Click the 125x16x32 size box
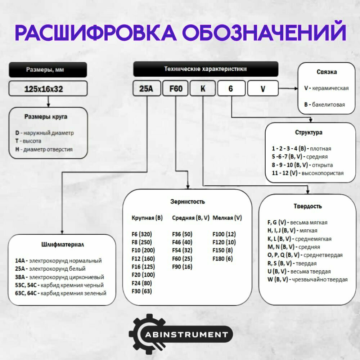point(48,89)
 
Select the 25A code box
point(146,89)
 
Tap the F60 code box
point(175,89)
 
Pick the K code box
point(202,89)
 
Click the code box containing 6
point(231,89)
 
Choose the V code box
point(262,89)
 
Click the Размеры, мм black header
point(48,69)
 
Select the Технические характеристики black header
point(206,69)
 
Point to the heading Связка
point(327,72)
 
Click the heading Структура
point(309,132)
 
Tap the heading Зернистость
point(188,202)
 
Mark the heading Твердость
point(308,206)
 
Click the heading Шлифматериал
point(62,245)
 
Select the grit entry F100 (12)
point(224,234)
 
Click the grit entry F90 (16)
point(182,267)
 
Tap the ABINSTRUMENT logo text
point(186,334)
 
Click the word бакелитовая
point(328,105)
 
